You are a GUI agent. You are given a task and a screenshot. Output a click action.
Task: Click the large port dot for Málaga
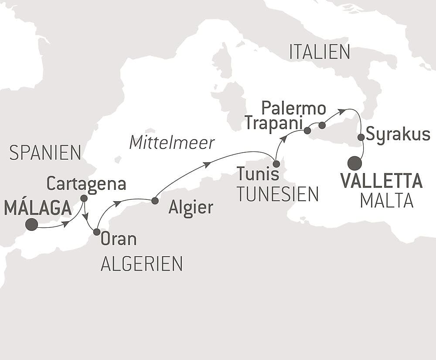pyautogui.click(x=31, y=225)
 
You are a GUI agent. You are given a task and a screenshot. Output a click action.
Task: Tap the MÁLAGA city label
pyautogui.click(x=37, y=208)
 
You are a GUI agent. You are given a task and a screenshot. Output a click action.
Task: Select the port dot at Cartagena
pyautogui.click(x=84, y=198)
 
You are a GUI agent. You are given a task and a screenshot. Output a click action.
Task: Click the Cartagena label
pyautogui.click(x=86, y=184)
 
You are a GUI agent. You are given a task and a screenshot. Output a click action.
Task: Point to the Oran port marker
pyautogui.click(x=97, y=232)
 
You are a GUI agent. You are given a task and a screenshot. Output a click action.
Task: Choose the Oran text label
pyautogui.click(x=119, y=239)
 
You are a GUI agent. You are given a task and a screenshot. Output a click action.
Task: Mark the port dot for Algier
pyautogui.click(x=154, y=201)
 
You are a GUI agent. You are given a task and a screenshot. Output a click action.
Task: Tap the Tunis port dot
pyautogui.click(x=276, y=164)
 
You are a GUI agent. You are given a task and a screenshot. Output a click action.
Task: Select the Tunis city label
pyautogui.click(x=258, y=175)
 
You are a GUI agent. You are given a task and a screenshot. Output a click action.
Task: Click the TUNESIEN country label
pyautogui.click(x=278, y=194)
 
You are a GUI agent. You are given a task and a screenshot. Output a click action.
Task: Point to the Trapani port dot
pyautogui.click(x=307, y=130)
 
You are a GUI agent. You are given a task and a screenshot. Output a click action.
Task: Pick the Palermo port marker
pyautogui.click(x=322, y=125)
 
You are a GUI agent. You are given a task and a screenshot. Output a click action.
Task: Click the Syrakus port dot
pyautogui.click(x=361, y=137)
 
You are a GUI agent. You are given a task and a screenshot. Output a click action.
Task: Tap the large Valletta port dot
pyautogui.click(x=355, y=164)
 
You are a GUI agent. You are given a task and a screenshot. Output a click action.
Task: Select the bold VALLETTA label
pyautogui.click(x=381, y=181)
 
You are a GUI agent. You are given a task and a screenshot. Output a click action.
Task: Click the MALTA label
pyautogui.click(x=387, y=200)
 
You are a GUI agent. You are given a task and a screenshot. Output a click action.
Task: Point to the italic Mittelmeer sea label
pyautogui.click(x=172, y=143)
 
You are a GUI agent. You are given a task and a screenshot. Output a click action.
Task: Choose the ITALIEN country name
pyautogui.click(x=320, y=52)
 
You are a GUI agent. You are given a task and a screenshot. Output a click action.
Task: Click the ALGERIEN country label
pyautogui.click(x=142, y=264)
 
